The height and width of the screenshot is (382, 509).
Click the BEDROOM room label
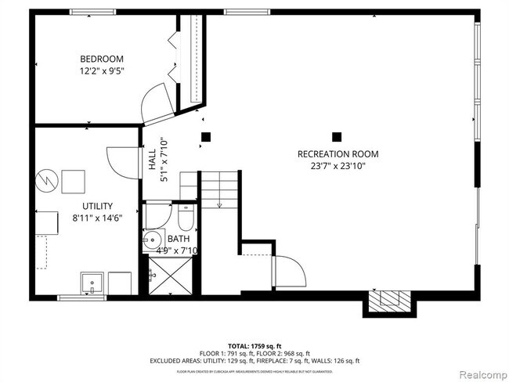(x=102, y=59)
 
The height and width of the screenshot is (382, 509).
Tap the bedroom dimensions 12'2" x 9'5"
(x=102, y=71)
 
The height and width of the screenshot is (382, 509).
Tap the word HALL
(x=151, y=160)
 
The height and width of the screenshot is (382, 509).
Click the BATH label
(x=178, y=239)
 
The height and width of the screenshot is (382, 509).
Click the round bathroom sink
(x=152, y=240)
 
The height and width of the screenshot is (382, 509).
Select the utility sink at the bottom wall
(x=93, y=283)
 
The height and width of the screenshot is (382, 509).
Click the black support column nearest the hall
(x=206, y=137)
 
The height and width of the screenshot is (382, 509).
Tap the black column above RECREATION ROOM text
(x=337, y=135)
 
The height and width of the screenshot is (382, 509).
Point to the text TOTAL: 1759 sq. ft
(x=254, y=345)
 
